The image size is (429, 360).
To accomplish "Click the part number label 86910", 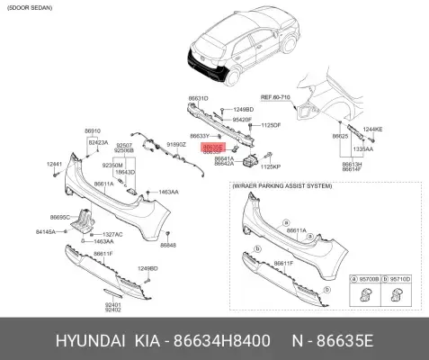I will (x=93, y=130).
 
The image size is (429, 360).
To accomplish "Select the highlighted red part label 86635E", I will (x=213, y=144).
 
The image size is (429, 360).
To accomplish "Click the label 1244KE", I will (x=371, y=129).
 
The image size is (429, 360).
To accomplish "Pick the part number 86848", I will (x=168, y=245).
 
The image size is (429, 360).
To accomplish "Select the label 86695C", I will (x=60, y=217).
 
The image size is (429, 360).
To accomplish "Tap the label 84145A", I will (x=46, y=231).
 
